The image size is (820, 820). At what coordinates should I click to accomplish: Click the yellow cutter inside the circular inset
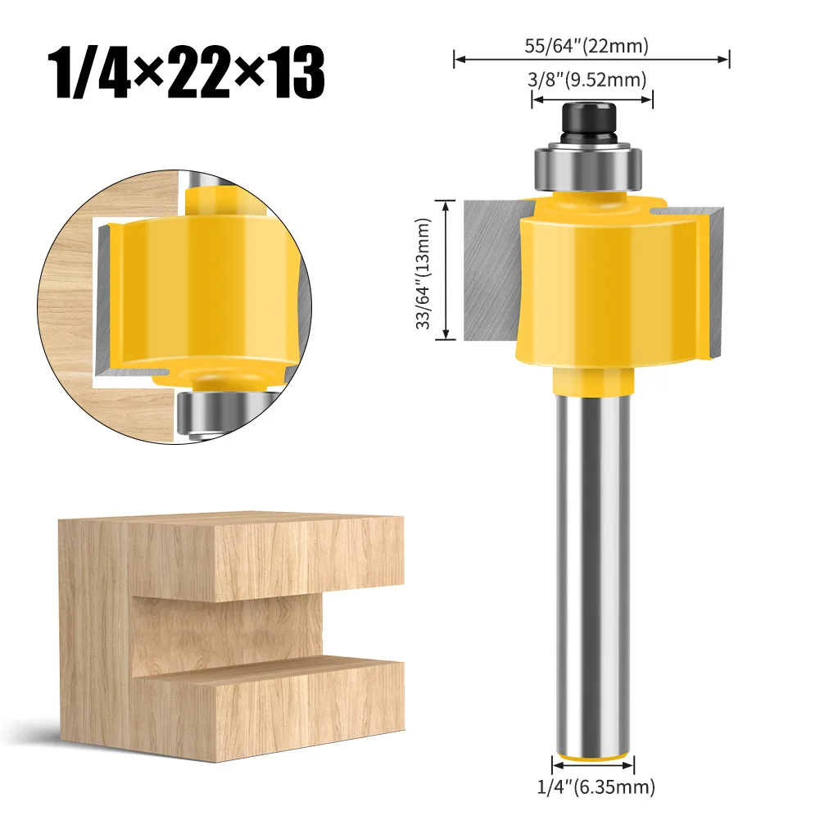pos(197,287)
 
